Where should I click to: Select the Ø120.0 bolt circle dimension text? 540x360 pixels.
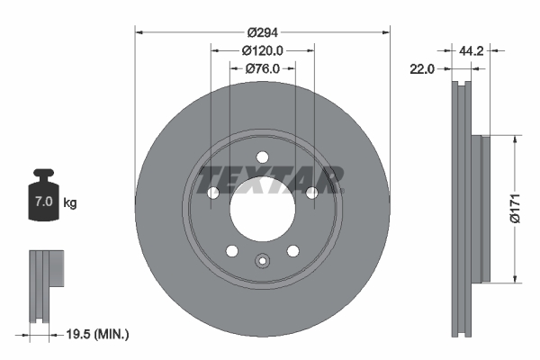pos(263,51)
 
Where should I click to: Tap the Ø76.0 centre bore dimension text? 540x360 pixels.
pos(263,68)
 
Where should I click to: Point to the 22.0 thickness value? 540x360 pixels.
pos(422,68)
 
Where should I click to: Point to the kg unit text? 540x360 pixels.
pos(70,203)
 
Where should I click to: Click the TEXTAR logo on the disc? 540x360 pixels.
pos(271,178)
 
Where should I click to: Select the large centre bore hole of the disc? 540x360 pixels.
pos(263,209)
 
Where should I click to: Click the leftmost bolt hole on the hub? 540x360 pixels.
pos(212,193)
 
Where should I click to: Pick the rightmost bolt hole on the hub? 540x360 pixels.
pos(312,193)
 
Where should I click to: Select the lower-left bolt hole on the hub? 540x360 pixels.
pos(231,251)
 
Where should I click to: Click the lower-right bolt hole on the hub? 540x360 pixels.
pos(293,251)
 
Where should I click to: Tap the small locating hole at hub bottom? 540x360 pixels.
pos(263,262)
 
